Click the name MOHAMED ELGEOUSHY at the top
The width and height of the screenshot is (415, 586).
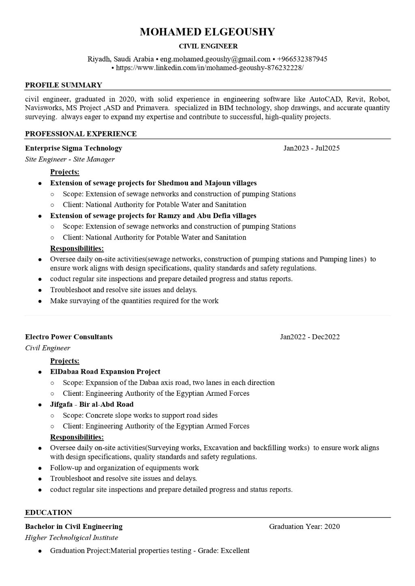pyautogui.click(x=207, y=32)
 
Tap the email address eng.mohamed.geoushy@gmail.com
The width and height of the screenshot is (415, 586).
pyautogui.click(x=215, y=59)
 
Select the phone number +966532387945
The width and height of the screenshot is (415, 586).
pyautogui.click(x=302, y=59)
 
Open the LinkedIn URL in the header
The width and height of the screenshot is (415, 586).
pyautogui.click(x=210, y=68)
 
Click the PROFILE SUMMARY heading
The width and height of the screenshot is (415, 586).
pyautogui.click(x=64, y=85)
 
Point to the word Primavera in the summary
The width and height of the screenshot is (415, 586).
pyautogui.click(x=153, y=108)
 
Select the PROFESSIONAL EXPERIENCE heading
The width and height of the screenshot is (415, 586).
pyautogui.click(x=81, y=134)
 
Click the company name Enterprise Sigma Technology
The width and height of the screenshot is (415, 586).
pyautogui.click(x=73, y=148)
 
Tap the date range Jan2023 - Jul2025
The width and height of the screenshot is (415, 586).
pyautogui.click(x=311, y=148)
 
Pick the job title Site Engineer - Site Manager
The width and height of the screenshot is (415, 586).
pyautogui.click(x=70, y=159)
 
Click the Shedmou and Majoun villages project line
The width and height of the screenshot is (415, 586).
pyautogui.click(x=153, y=183)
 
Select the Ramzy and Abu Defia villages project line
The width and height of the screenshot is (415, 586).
pyautogui.click(x=153, y=216)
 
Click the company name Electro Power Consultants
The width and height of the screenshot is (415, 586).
pyautogui.click(x=69, y=337)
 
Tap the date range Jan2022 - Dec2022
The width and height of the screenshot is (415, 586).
pyautogui.click(x=310, y=337)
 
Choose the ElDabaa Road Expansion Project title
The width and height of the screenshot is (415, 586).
pyautogui.click(x=105, y=372)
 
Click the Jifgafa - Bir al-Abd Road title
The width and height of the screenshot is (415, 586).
pyautogui.click(x=92, y=404)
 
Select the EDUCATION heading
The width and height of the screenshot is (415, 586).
pyautogui.click(x=49, y=513)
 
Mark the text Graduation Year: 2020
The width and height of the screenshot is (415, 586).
pyautogui.click(x=304, y=527)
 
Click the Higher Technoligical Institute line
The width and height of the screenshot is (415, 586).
pyautogui.click(x=71, y=538)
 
